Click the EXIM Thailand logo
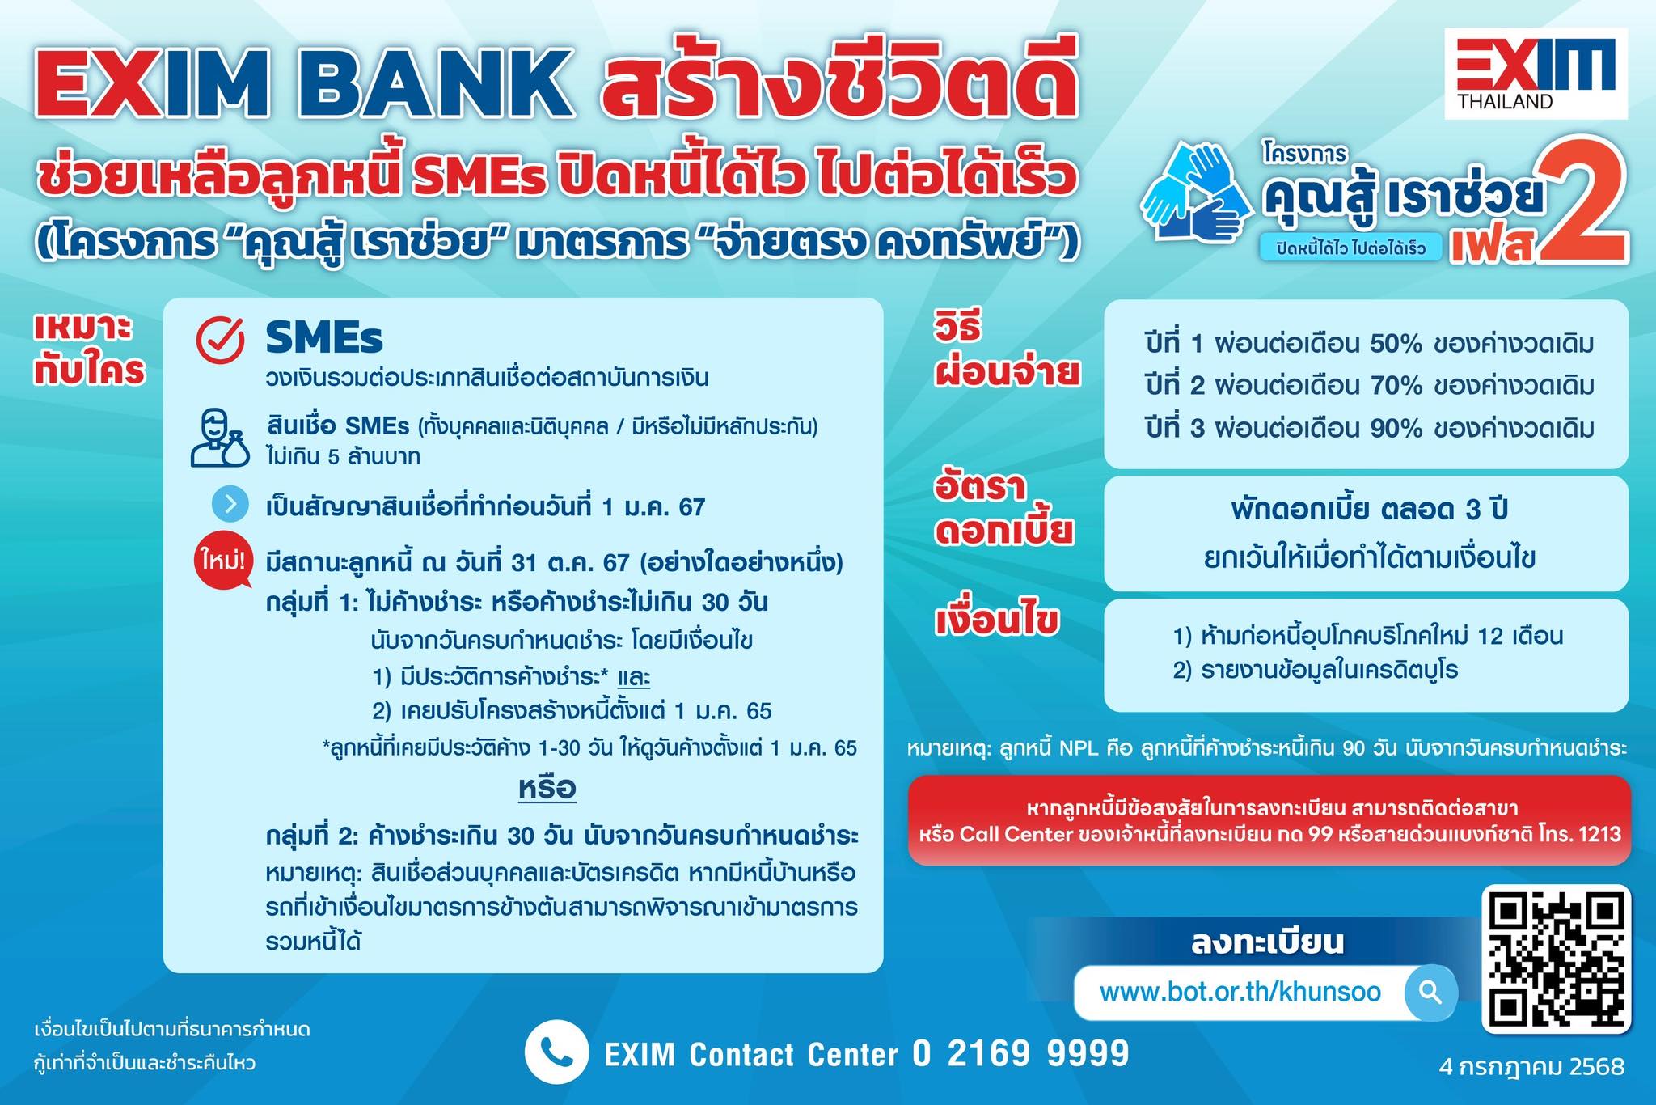(1536, 74)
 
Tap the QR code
(1557, 959)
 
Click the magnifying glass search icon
(1430, 992)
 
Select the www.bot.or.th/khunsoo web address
(1240, 992)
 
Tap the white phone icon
(556, 1052)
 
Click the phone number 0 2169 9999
(1020, 1053)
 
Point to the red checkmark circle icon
(220, 340)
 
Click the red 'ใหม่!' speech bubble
(221, 561)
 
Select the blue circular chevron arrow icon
(230, 505)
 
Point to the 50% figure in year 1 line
(1396, 344)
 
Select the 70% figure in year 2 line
(1396, 386)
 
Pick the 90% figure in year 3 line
(1396, 428)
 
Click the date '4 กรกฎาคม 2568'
(1531, 1066)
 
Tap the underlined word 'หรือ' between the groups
(547, 788)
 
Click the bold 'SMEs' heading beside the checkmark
(324, 337)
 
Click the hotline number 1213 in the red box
(1599, 834)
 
